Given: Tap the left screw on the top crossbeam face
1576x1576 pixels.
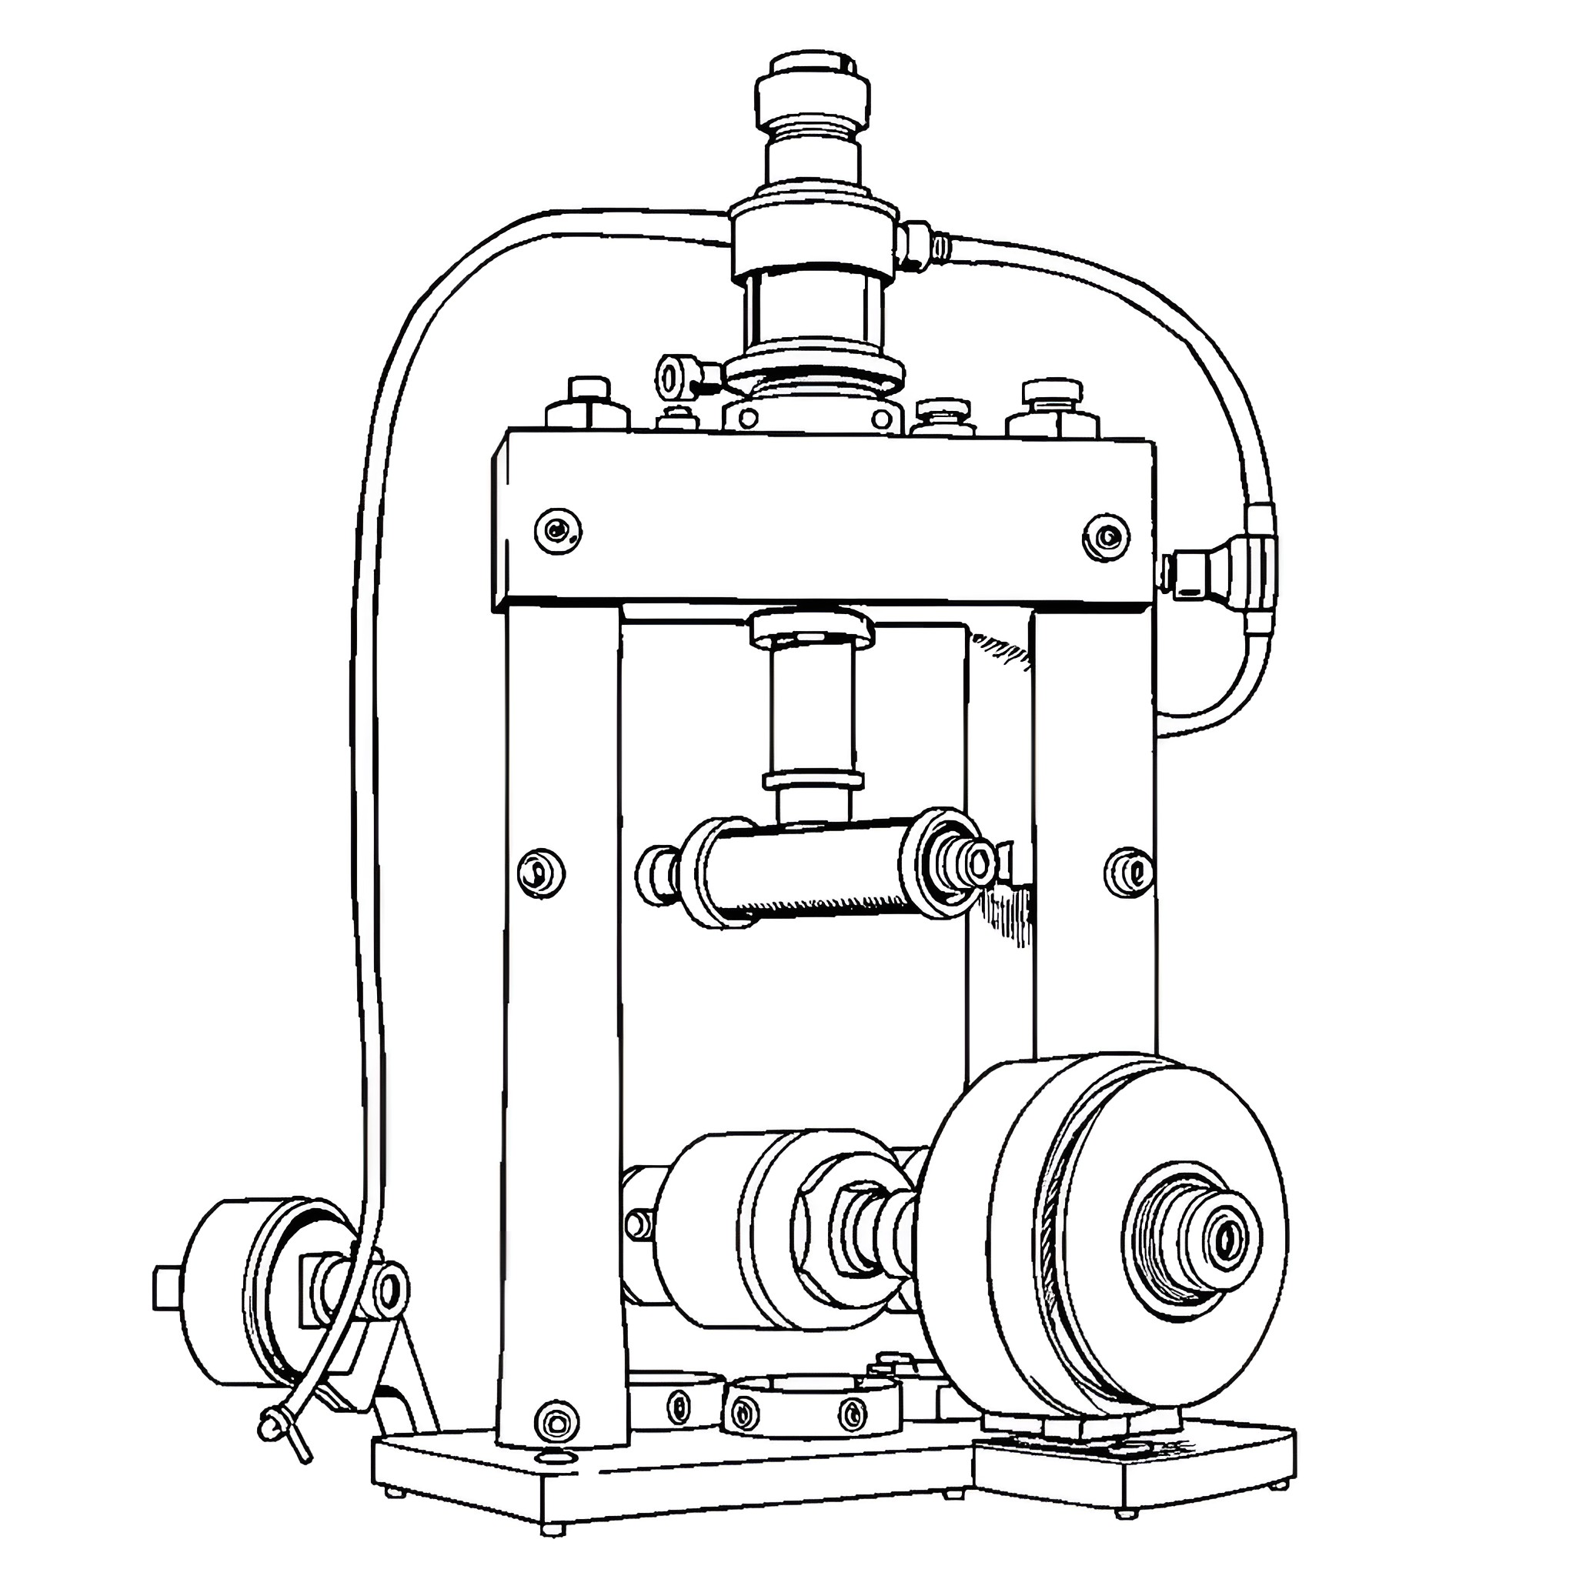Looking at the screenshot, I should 558,531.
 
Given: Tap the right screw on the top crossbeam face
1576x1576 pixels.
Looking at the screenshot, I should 1106,538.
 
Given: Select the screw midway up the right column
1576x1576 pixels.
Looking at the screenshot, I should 1128,871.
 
